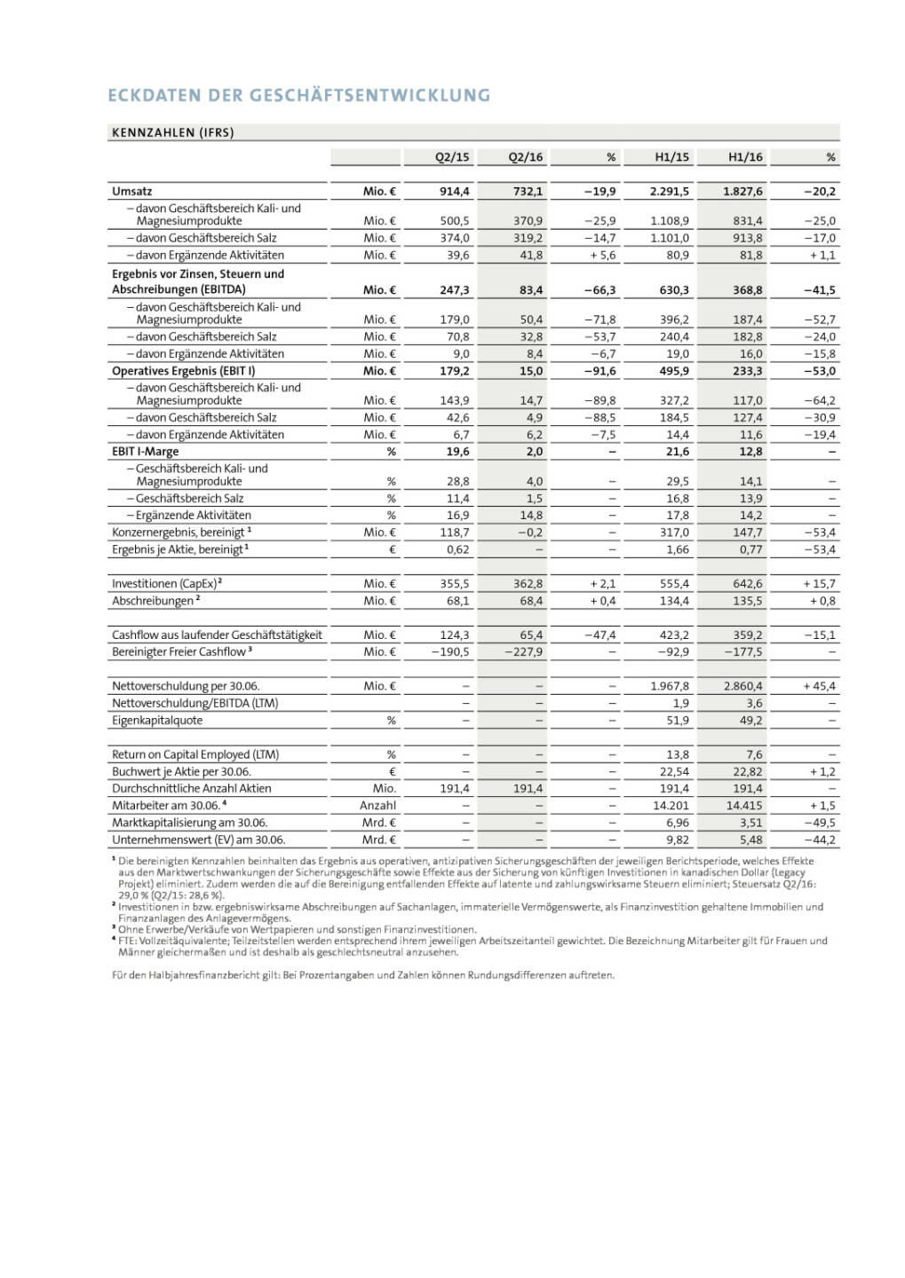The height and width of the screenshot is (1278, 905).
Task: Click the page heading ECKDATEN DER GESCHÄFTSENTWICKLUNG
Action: [298, 95]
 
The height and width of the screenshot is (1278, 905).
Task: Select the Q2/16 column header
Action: [525, 157]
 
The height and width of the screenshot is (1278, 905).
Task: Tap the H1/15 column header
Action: [671, 157]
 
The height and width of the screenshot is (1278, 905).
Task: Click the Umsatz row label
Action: [132, 191]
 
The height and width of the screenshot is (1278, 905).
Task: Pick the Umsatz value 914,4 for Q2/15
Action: [455, 191]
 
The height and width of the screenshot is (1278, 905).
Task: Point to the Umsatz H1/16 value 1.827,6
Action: [743, 191]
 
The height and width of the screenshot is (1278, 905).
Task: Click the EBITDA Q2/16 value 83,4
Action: [531, 289]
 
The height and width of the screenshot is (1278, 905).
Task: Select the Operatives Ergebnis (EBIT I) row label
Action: [183, 371]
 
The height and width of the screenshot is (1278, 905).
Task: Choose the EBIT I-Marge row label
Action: [145, 452]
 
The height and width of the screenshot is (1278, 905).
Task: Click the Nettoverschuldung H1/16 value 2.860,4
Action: [742, 686]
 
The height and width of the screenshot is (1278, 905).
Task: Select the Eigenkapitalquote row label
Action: [157, 721]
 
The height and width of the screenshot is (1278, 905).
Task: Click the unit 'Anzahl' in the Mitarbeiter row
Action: [377, 806]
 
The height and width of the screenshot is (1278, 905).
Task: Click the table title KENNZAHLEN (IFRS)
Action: [172, 133]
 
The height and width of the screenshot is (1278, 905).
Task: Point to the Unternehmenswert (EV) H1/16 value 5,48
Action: [750, 840]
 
